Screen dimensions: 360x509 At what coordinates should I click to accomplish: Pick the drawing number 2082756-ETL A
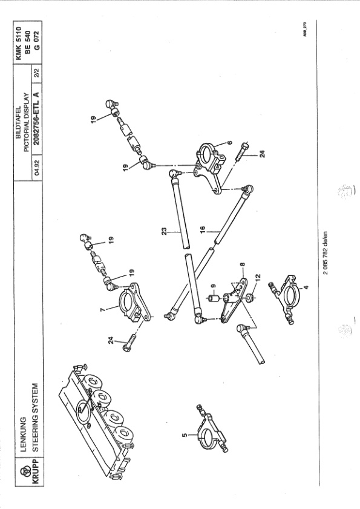click(x=36, y=119)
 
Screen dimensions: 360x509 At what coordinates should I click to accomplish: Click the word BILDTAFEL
click(x=19, y=123)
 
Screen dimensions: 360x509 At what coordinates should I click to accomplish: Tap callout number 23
click(x=165, y=231)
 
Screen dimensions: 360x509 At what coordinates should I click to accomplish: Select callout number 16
click(x=203, y=229)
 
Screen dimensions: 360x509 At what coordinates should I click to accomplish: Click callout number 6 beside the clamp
click(x=230, y=142)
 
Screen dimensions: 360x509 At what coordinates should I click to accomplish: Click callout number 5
click(x=185, y=435)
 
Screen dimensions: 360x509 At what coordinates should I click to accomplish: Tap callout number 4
click(x=306, y=287)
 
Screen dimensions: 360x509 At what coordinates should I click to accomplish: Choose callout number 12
click(x=258, y=278)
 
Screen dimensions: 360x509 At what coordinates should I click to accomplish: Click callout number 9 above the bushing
click(x=213, y=286)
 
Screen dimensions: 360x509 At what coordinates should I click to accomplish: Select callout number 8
click(x=243, y=264)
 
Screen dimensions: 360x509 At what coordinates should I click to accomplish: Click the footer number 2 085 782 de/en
click(x=326, y=252)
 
